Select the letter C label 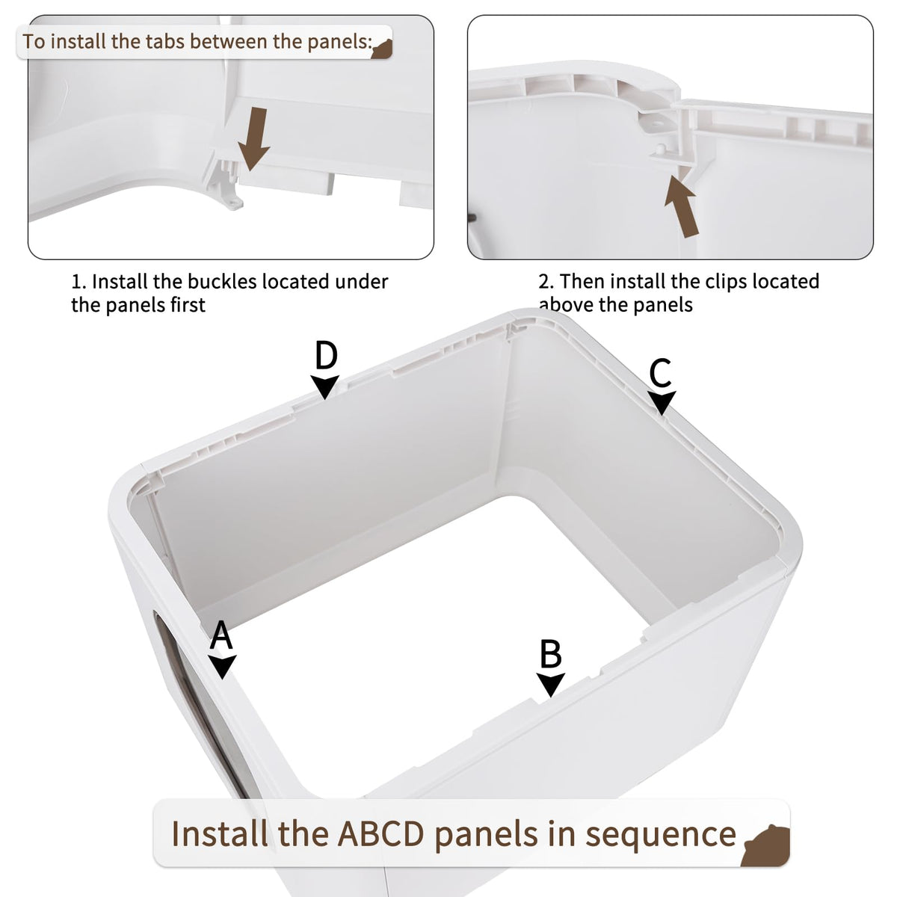pyautogui.click(x=660, y=373)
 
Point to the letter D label pyautogui.click(x=326, y=356)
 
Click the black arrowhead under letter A pyautogui.click(x=223, y=667)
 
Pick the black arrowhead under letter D pyautogui.click(x=325, y=386)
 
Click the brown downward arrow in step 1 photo pyautogui.click(x=254, y=139)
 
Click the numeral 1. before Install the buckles pyautogui.click(x=79, y=282)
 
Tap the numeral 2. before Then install pyautogui.click(x=546, y=282)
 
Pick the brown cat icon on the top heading pyautogui.click(x=382, y=49)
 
